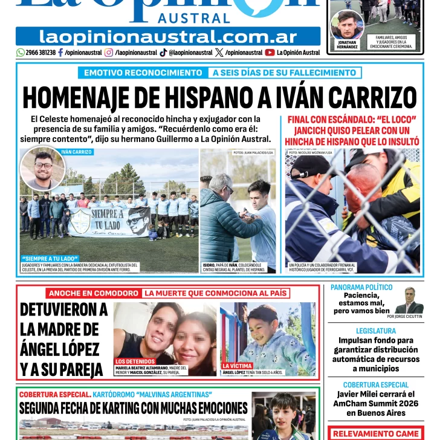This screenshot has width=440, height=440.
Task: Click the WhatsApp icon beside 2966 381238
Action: [x=21, y=53]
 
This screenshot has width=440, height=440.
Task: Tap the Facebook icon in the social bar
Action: [x=60, y=53]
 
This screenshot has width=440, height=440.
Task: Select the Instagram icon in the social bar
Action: [x=109, y=53]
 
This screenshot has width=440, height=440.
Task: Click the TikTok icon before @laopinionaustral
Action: [x=163, y=53]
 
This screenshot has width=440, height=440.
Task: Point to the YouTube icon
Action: [x=270, y=53]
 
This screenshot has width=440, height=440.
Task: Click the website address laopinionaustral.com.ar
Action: [x=168, y=37]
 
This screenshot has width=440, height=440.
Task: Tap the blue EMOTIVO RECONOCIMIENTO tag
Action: [x=142, y=73]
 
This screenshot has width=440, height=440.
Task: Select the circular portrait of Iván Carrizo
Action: [x=42, y=169]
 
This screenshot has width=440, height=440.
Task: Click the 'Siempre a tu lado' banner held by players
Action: [x=109, y=222]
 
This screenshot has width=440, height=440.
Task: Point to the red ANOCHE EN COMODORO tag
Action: [x=94, y=294]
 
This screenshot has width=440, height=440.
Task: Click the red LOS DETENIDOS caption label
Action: [x=135, y=361]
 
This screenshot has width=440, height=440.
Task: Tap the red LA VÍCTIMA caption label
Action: [x=236, y=366]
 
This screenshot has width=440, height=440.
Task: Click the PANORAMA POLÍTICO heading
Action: [x=361, y=287]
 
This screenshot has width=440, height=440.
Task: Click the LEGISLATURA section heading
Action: [x=375, y=331]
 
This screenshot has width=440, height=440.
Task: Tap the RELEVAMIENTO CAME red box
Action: [x=375, y=433]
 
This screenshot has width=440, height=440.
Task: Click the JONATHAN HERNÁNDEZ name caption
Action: [x=347, y=44]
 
